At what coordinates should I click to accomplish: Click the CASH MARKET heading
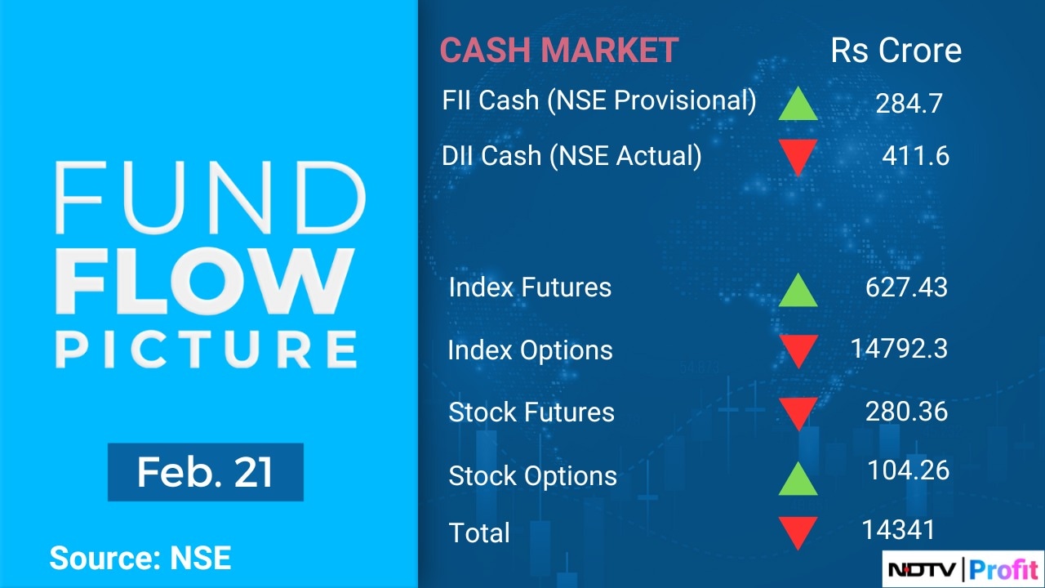click(559, 51)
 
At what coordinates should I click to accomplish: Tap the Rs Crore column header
click(896, 51)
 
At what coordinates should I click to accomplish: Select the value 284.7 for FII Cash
click(909, 103)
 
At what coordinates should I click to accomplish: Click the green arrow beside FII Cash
click(798, 105)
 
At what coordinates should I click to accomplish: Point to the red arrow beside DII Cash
click(798, 157)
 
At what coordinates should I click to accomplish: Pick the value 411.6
click(915, 155)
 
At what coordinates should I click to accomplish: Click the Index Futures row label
click(530, 287)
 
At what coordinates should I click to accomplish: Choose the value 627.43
click(906, 287)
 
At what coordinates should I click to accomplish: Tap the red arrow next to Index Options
click(798, 351)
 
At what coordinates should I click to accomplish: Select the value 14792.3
click(899, 349)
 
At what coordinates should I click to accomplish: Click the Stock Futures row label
click(531, 412)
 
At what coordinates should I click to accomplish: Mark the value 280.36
click(906, 411)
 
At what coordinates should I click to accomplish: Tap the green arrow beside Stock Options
click(798, 479)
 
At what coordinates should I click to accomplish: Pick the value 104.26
click(908, 470)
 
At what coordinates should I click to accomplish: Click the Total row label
click(479, 533)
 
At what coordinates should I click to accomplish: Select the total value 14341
click(898, 530)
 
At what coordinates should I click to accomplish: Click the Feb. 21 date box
click(205, 472)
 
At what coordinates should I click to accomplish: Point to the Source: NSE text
click(140, 558)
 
